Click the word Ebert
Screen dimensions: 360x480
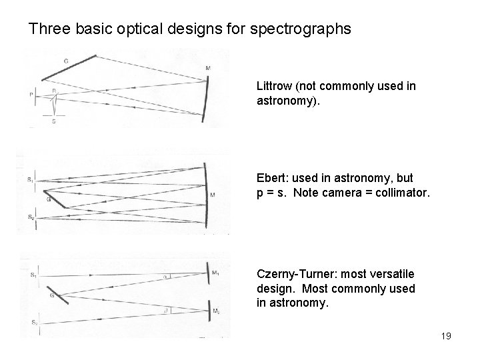[x=271, y=179]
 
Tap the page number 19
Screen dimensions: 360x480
[x=445, y=336]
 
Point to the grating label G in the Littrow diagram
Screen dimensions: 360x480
[x=65, y=61]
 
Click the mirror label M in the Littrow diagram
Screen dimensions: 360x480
[x=208, y=68]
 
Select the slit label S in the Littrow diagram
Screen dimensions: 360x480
[x=53, y=121]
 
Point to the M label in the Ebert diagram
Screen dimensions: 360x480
[x=212, y=195]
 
